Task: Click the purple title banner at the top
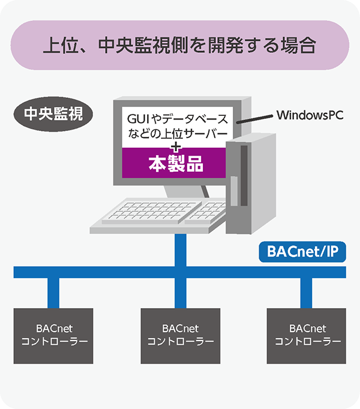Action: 179,45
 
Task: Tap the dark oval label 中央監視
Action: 53,114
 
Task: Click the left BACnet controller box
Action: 54,336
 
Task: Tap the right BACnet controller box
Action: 307,336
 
